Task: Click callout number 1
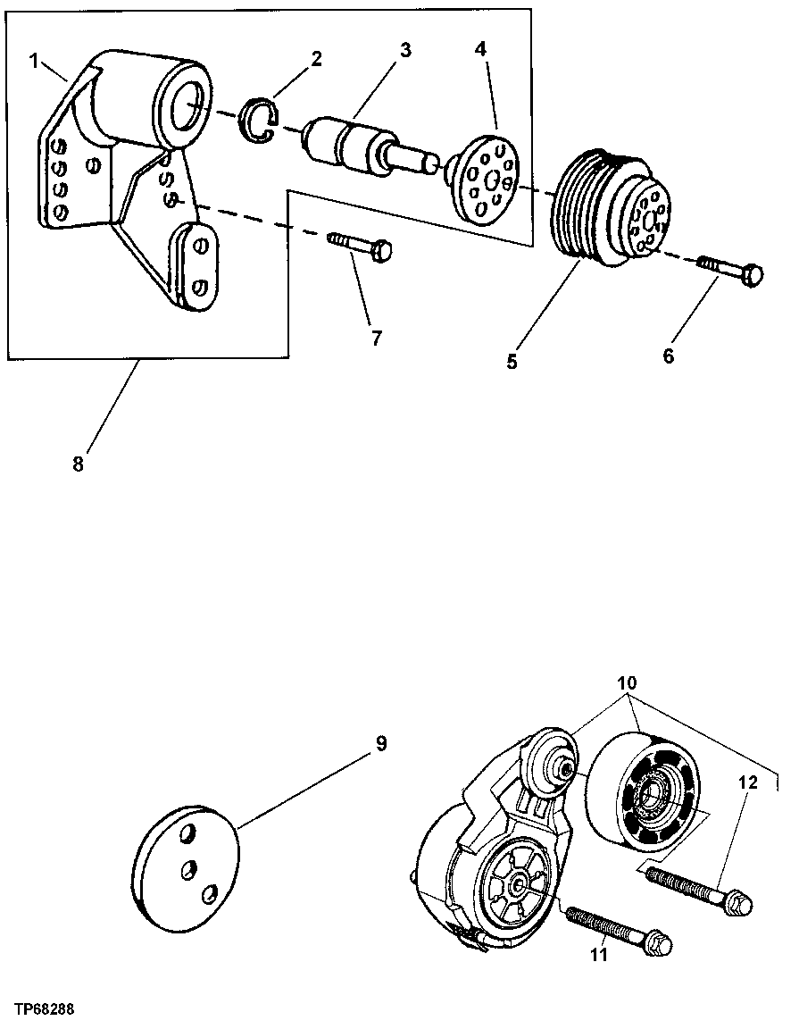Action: (x=33, y=61)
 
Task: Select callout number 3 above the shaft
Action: (x=405, y=50)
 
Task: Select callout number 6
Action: (x=669, y=356)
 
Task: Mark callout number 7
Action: (x=376, y=339)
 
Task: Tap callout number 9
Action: (x=381, y=744)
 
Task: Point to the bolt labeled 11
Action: (x=615, y=928)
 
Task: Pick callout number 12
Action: (x=747, y=782)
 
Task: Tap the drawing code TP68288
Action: (x=44, y=1009)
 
